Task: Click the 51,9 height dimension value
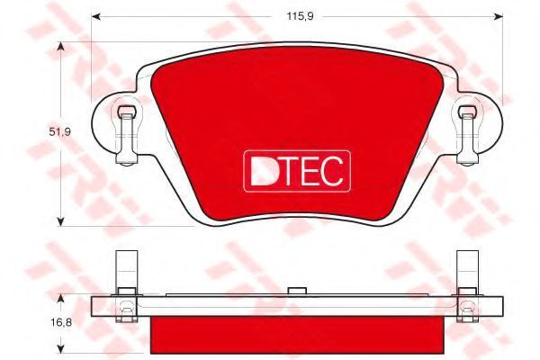coord(60,131)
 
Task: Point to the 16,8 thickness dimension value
coord(61,323)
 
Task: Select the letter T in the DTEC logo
coord(289,171)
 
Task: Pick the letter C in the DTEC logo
coord(332,171)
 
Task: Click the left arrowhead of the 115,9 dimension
coord(95,16)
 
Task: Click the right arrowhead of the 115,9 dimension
coord(499,16)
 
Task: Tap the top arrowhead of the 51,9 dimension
coord(60,47)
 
